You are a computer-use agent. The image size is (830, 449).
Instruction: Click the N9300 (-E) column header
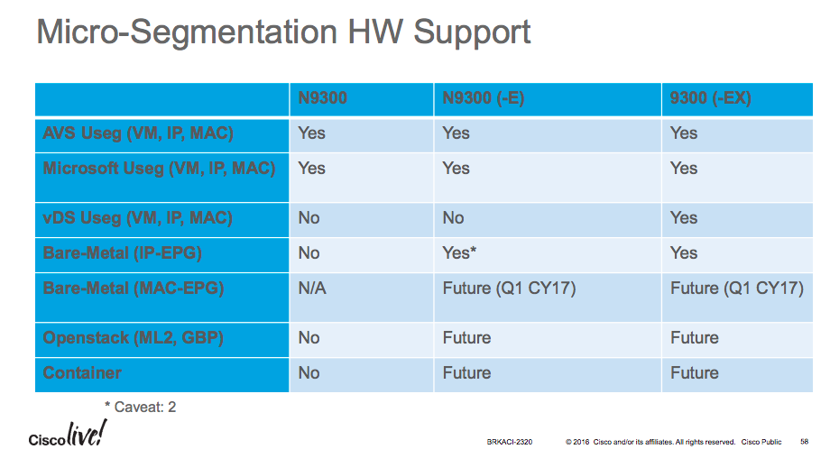483,98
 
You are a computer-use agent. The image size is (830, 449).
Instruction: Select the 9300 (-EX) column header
710,98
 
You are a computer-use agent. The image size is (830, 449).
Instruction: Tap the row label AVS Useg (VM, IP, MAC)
138,133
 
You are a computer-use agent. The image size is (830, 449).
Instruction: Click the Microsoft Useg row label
159,169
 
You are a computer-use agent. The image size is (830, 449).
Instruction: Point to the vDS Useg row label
137,218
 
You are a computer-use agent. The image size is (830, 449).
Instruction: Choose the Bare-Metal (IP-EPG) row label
123,252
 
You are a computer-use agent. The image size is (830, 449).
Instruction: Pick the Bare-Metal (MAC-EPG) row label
134,289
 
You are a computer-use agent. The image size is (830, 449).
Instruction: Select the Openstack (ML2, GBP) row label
133,338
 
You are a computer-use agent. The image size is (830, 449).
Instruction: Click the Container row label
82,373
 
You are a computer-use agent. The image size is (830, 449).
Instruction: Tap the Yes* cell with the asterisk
459,252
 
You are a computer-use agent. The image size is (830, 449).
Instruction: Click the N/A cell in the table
312,289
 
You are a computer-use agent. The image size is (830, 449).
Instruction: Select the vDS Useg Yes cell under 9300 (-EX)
683,218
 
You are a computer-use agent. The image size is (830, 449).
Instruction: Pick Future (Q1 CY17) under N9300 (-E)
509,289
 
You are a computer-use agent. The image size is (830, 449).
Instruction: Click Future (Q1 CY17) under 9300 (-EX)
737,289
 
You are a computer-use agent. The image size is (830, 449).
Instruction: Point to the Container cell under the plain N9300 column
309,373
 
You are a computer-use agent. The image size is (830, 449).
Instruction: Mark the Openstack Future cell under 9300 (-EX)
694,338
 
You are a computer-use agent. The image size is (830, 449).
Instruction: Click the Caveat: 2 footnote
140,408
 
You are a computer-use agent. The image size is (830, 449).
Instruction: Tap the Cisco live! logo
68,434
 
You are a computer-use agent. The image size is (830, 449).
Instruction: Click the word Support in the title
472,32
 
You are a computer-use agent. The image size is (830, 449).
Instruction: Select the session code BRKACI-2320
509,442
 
